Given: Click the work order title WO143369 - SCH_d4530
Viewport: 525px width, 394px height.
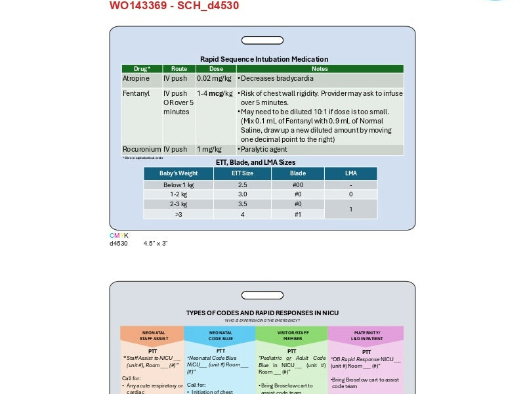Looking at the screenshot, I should [174, 6].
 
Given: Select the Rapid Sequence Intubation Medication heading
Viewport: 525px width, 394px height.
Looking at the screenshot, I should [264, 59].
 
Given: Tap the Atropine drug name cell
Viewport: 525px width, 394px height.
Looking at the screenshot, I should [136, 78].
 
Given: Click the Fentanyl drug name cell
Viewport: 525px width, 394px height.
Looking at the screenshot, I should [136, 93].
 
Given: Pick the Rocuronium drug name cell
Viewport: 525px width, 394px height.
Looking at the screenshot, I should [142, 149].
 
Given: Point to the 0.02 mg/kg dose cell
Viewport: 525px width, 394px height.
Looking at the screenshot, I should [214, 78].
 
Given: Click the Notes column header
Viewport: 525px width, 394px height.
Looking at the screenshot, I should [320, 68].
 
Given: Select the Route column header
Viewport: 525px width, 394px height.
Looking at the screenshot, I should [178, 68].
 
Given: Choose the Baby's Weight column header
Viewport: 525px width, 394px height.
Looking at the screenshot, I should [178, 173].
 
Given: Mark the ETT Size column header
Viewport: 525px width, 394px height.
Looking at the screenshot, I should [242, 173].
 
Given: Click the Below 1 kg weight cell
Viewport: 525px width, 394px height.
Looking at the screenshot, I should [178, 185].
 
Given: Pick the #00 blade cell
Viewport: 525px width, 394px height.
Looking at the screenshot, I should [297, 185].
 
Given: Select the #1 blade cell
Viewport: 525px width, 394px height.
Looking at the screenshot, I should [297, 214].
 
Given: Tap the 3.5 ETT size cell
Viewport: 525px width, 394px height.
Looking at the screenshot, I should [242, 204].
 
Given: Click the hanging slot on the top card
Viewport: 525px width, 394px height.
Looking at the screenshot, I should [262, 41].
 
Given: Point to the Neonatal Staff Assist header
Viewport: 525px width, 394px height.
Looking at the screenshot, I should [152, 335].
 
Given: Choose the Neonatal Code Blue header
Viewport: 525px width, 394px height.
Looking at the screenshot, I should [220, 335].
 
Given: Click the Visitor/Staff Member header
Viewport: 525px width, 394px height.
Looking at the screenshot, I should [292, 335].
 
